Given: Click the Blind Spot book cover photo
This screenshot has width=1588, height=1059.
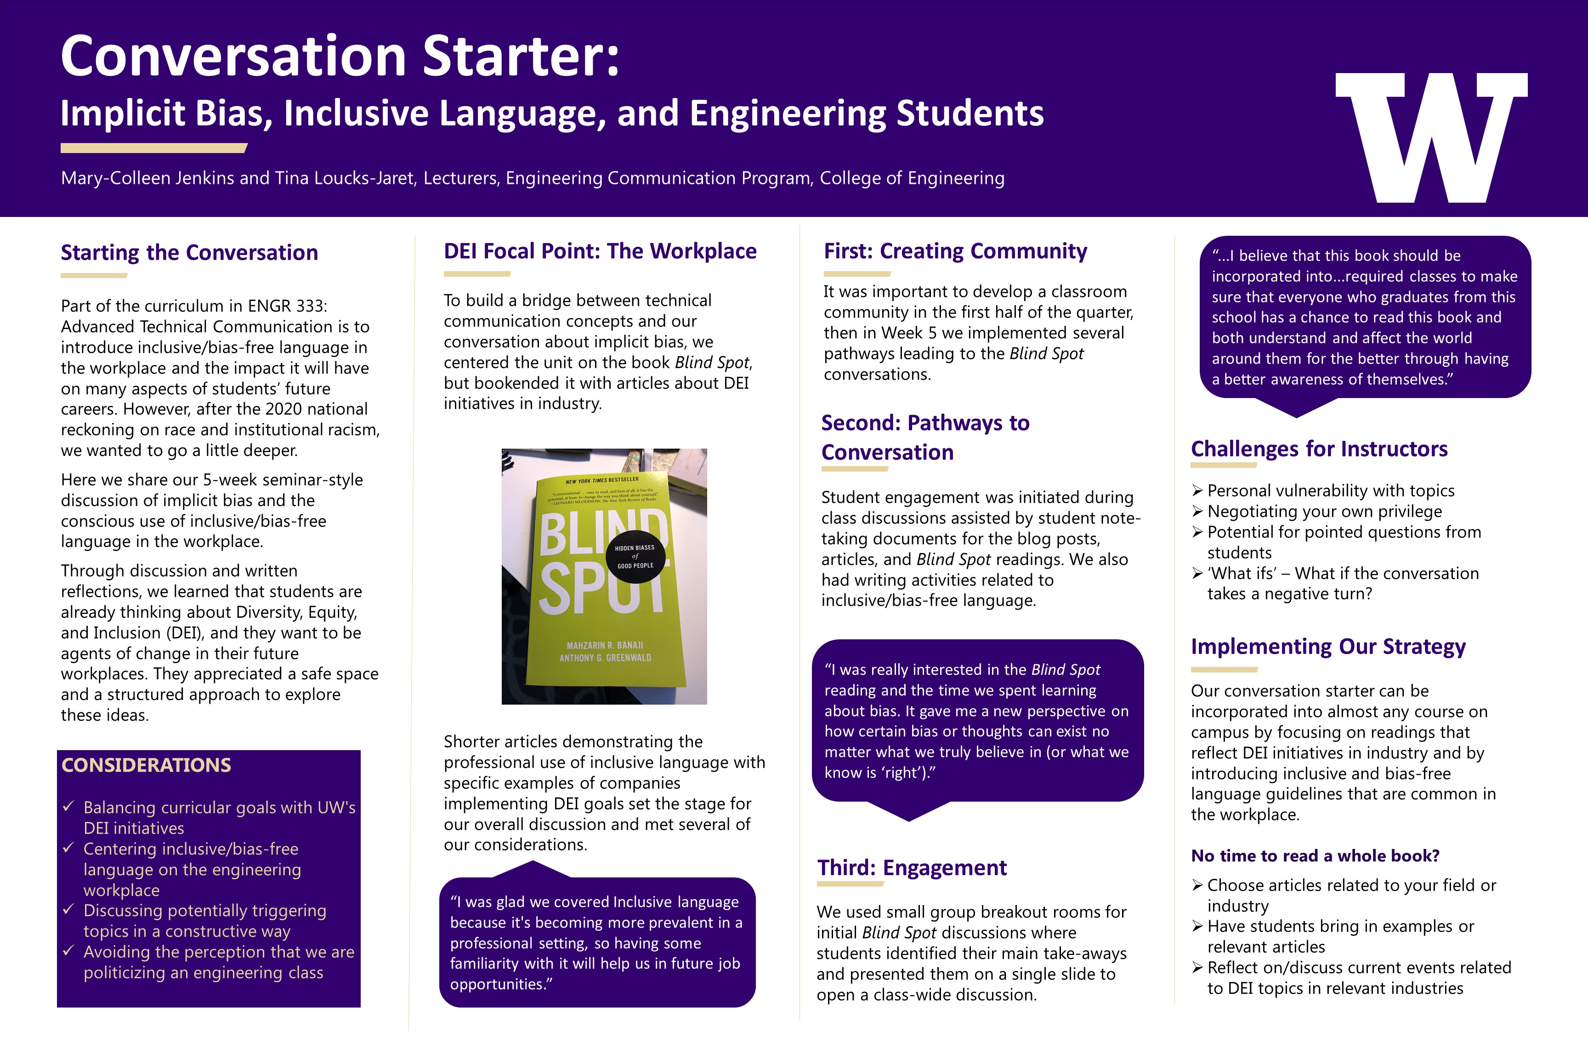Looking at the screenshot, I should coord(604,576).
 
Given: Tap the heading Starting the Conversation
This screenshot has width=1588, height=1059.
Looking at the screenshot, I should coord(189,253).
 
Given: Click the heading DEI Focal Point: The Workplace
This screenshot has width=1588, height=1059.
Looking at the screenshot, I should coord(600,251).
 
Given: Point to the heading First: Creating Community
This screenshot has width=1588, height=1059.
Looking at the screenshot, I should coord(955,251).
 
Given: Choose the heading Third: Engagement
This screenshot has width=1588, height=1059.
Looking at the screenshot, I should coord(912,868).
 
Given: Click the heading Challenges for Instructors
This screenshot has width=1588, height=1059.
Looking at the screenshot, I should coord(1319,449).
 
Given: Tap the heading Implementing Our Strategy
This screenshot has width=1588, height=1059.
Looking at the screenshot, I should coord(1327,646).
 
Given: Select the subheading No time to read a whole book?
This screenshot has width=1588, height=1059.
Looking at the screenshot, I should coord(1315,856).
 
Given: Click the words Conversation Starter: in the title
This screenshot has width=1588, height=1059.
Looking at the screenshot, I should coord(340,56).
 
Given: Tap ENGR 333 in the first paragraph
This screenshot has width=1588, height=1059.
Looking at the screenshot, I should coord(287,306).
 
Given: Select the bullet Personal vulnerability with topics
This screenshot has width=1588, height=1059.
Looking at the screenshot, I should coord(1330,491).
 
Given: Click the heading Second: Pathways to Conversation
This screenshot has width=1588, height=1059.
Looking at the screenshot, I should coord(925,438).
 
